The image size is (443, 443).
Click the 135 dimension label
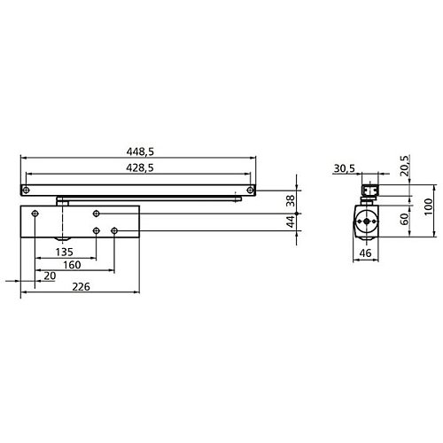point(64,251)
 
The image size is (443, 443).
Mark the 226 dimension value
point(81,286)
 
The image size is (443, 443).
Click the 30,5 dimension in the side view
point(345,167)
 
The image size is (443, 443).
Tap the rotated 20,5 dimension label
point(404,167)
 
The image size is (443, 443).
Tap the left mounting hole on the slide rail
point(28,190)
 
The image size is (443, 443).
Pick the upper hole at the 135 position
point(97,214)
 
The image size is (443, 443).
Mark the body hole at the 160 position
point(114,231)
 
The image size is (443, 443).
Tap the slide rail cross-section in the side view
point(369,190)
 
